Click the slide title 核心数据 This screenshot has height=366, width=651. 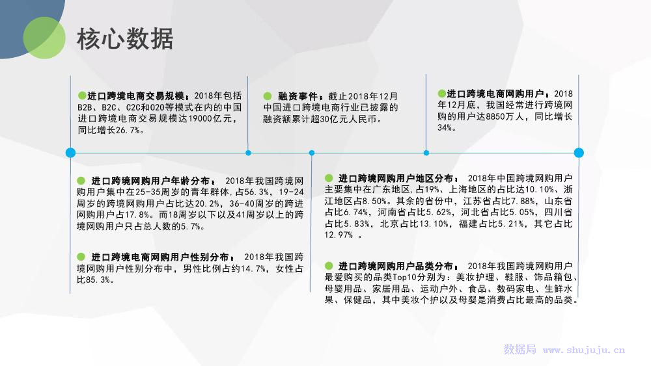click(125, 38)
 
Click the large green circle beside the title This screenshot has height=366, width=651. click(44, 38)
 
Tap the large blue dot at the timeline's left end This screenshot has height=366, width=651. click(70, 153)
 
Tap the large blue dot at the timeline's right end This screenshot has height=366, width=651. click(579, 153)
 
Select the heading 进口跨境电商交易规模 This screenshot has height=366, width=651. click(136, 96)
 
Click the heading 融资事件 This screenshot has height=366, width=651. click(298, 96)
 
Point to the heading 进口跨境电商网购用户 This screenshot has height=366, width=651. click(495, 94)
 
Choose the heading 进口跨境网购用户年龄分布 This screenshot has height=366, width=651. click(151, 181)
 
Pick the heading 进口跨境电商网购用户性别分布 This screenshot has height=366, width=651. click(160, 257)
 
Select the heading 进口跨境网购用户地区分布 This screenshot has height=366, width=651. click(396, 178)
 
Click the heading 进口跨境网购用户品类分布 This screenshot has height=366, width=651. click(396, 266)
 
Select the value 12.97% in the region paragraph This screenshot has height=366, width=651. click(339, 235)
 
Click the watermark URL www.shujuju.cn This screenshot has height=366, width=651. click(584, 350)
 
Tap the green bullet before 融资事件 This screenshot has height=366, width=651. click(268, 96)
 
